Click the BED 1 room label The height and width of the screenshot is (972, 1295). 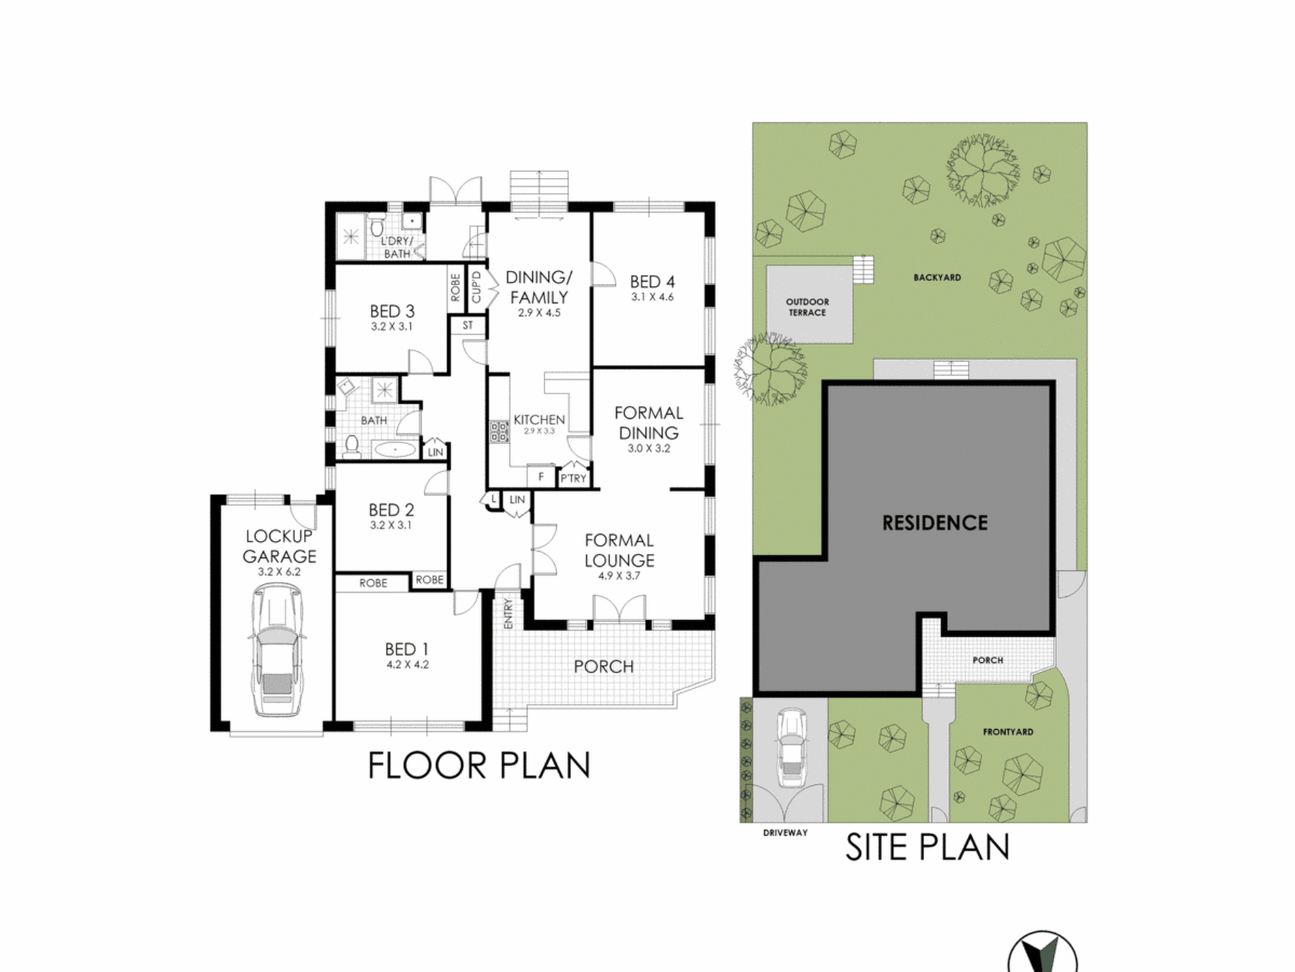tap(407, 649)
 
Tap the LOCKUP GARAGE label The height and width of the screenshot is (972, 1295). tap(279, 546)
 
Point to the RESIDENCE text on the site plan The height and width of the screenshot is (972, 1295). tap(935, 523)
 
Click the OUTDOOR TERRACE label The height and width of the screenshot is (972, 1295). tap(807, 307)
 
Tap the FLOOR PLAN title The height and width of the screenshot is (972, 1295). tap(479, 765)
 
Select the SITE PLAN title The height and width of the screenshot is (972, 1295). tap(928, 847)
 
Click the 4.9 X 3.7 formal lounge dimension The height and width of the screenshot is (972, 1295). tap(619, 576)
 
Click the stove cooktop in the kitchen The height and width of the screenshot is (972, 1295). tap(499, 431)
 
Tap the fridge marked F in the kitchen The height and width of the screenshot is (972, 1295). tap(540, 477)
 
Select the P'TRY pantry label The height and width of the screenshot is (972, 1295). tap(573, 478)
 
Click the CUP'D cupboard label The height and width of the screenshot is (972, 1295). tap(476, 287)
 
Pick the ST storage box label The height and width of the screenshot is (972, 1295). tap(468, 325)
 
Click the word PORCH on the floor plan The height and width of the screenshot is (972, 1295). tap(604, 666)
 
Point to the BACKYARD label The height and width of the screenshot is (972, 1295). tap(937, 278)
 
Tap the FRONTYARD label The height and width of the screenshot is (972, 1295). tap(1008, 732)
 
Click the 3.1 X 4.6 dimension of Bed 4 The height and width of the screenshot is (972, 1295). tap(652, 297)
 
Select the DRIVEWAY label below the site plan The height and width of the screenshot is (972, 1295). tap(785, 833)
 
